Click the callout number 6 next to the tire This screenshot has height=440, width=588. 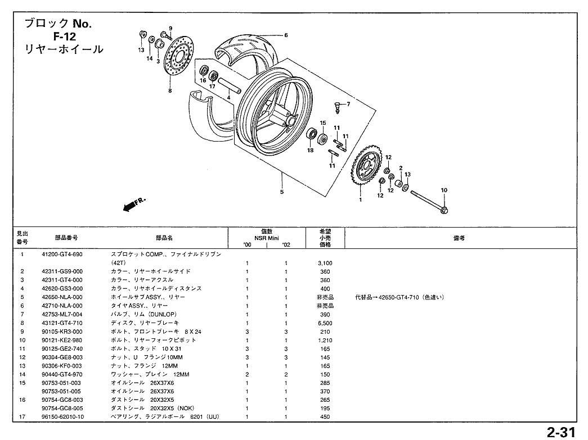point(286,35)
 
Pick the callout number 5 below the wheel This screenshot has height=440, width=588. point(282,192)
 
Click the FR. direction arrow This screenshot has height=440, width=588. point(133,205)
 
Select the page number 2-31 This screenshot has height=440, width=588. point(560,432)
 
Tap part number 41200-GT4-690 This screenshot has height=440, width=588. point(62,255)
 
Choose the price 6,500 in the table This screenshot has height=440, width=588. point(325,323)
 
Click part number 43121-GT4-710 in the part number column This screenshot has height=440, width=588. point(62,323)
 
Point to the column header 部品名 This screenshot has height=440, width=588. point(164,238)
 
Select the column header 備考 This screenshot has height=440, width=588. point(459,238)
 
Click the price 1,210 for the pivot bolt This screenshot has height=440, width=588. point(325,340)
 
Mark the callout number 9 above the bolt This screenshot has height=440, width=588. point(170,28)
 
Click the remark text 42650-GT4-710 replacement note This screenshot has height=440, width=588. point(400,297)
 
